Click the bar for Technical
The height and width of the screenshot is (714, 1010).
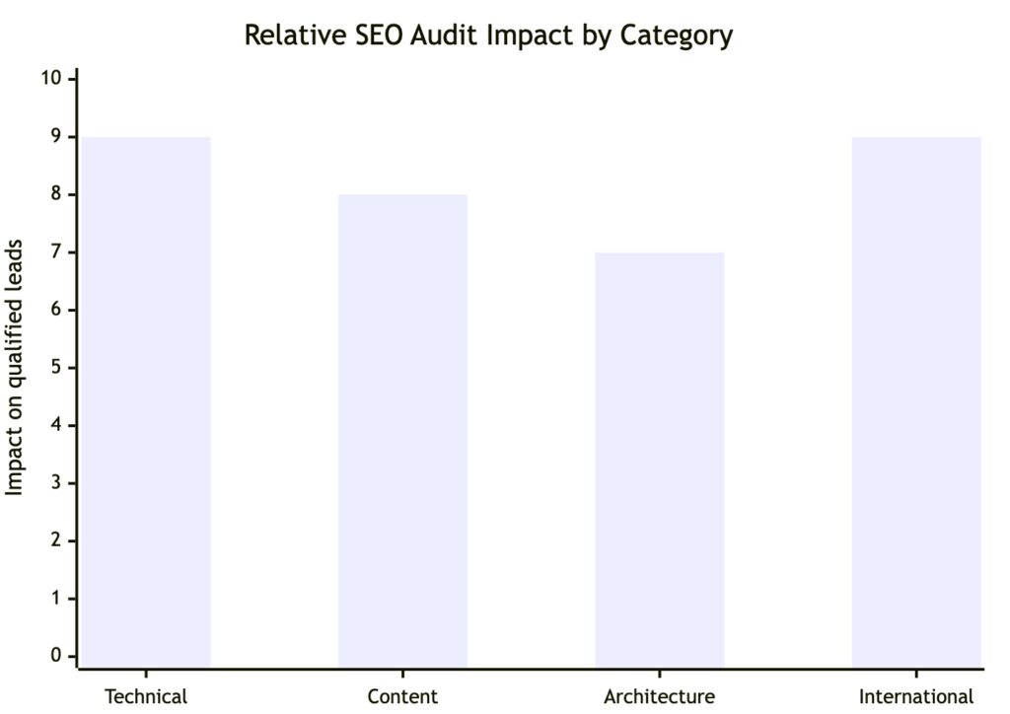[146, 401]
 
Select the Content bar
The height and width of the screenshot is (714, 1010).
[402, 431]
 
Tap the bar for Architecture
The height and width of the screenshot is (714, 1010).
[659, 460]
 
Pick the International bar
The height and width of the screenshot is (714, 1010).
[915, 401]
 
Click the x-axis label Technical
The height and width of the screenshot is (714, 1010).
[146, 696]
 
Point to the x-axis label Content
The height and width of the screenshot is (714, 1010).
[402, 696]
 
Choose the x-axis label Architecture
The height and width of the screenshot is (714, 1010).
[659, 696]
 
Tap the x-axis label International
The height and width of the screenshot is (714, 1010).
[915, 696]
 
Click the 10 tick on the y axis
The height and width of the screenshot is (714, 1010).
[51, 79]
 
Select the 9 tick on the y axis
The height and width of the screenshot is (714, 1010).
[56, 137]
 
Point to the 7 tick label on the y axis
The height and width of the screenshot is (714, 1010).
[56, 252]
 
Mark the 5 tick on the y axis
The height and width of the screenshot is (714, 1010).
[56, 368]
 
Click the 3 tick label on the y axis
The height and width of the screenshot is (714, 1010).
[56, 483]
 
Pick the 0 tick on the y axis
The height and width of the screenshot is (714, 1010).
[56, 656]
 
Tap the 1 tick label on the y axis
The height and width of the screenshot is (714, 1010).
[56, 599]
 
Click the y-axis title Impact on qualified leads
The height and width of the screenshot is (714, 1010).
[16, 367]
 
